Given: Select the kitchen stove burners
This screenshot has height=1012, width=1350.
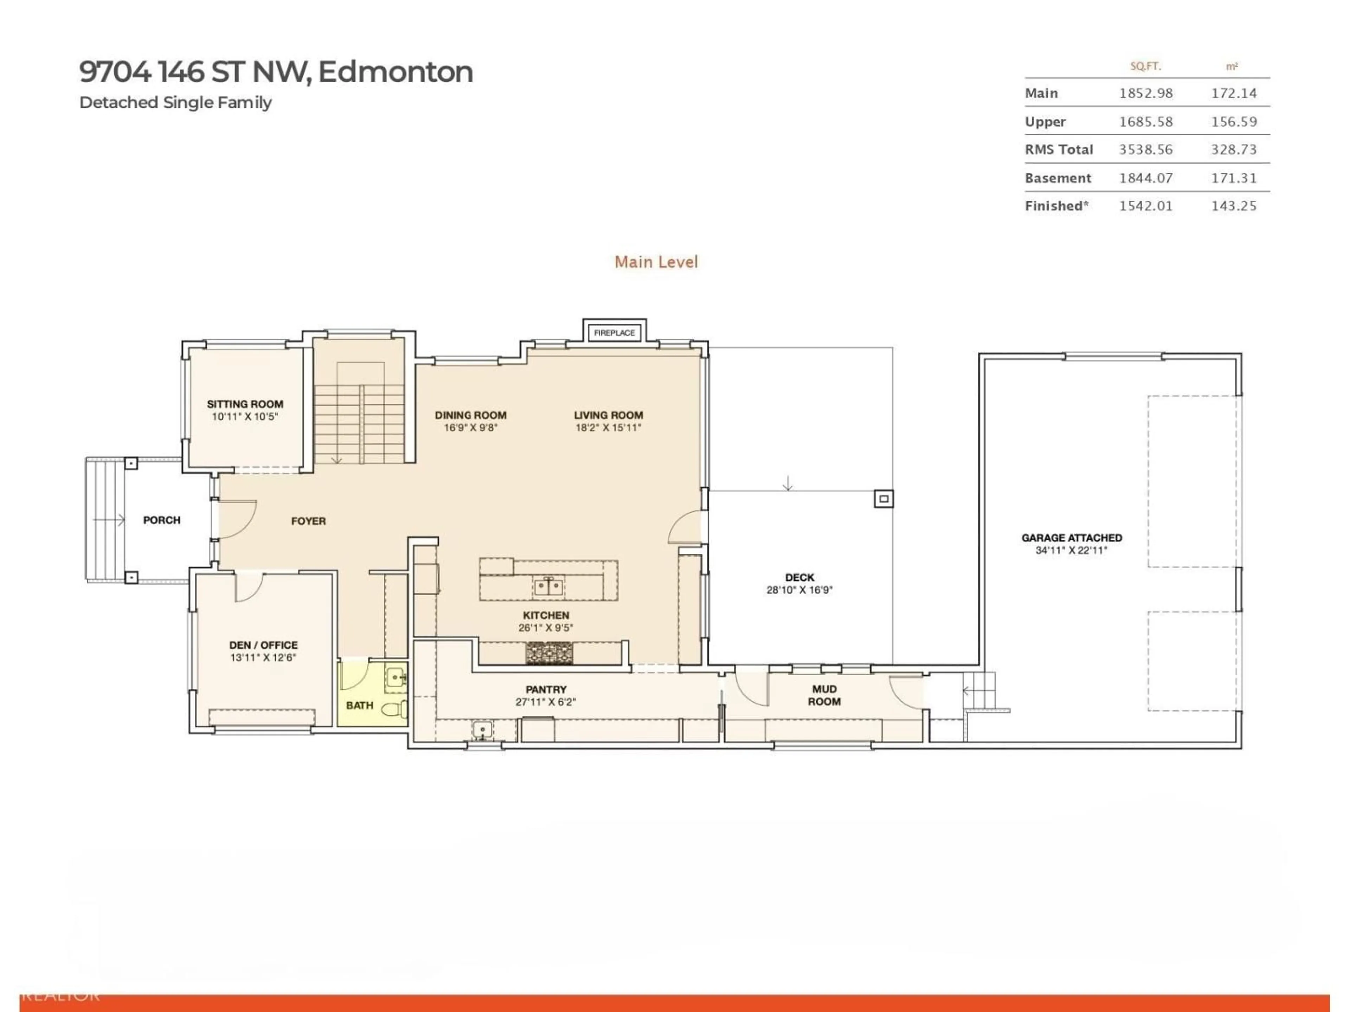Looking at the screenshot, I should click(x=549, y=653).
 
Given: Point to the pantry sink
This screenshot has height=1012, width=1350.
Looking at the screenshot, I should click(x=482, y=729).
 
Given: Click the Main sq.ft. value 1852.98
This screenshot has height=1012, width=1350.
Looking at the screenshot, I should click(x=1145, y=93).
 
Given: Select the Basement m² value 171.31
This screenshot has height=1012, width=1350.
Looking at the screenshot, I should click(x=1233, y=178).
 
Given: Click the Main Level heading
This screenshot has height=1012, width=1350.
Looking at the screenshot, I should click(x=656, y=262).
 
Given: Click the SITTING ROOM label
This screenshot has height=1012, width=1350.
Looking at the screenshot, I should click(x=245, y=404).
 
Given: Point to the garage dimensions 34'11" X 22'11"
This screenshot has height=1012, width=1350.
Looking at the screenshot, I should click(x=1071, y=550).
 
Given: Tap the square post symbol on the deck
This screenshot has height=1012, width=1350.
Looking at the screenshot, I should click(x=884, y=499).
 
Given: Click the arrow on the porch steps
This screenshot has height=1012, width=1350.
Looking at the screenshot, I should click(x=110, y=520).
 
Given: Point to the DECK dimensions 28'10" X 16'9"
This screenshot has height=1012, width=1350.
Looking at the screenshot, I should click(x=799, y=590).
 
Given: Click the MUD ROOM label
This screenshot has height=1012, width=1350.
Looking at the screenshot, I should click(x=824, y=695).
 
